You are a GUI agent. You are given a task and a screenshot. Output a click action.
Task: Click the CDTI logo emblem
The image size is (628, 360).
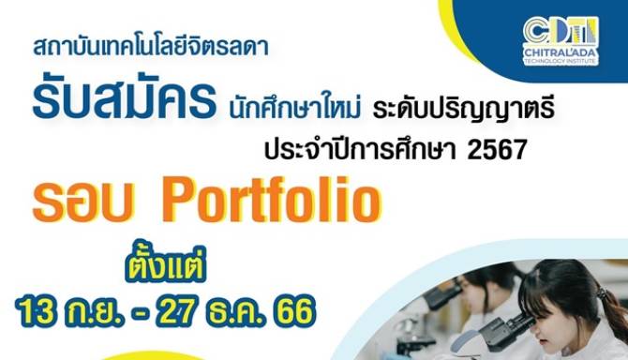[561, 30]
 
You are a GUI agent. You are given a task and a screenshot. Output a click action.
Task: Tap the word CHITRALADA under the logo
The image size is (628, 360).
[561, 52]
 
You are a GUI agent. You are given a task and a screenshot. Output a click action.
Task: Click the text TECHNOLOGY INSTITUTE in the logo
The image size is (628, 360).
[561, 61]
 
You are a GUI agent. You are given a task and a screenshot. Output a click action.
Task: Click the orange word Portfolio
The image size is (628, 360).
[271, 200]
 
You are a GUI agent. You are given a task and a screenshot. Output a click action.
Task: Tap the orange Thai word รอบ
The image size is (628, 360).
[82, 203]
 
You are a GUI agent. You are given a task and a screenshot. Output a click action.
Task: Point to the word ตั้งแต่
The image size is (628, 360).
[166, 263]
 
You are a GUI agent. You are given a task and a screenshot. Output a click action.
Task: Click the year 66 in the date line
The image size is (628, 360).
[294, 310]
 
